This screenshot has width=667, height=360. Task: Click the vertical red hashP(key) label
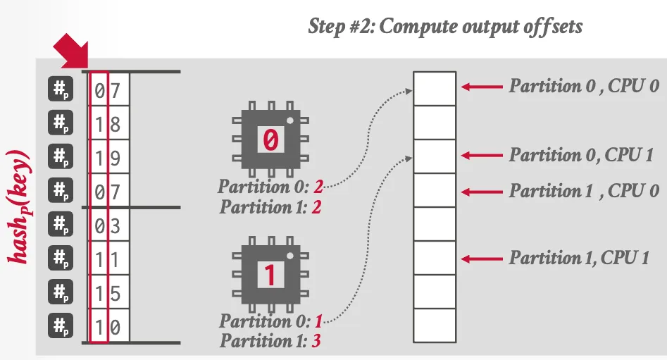click(x=19, y=206)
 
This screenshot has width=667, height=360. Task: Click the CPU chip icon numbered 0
click(x=270, y=139)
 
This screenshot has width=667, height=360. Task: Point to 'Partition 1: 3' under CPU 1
click(x=271, y=341)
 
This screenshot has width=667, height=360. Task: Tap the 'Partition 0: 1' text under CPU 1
click(x=270, y=322)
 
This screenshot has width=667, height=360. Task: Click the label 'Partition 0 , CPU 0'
click(x=584, y=86)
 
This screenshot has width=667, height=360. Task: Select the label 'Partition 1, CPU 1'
click(x=578, y=259)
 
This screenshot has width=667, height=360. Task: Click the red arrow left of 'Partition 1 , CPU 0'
click(x=482, y=191)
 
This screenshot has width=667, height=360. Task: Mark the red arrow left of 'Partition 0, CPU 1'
click(x=482, y=155)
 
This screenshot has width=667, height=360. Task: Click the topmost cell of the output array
click(x=435, y=88)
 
